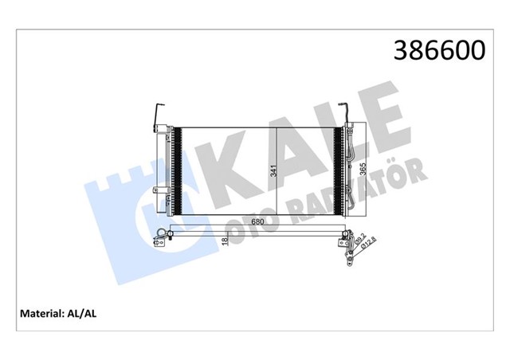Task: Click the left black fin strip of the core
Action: (x=178, y=170)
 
